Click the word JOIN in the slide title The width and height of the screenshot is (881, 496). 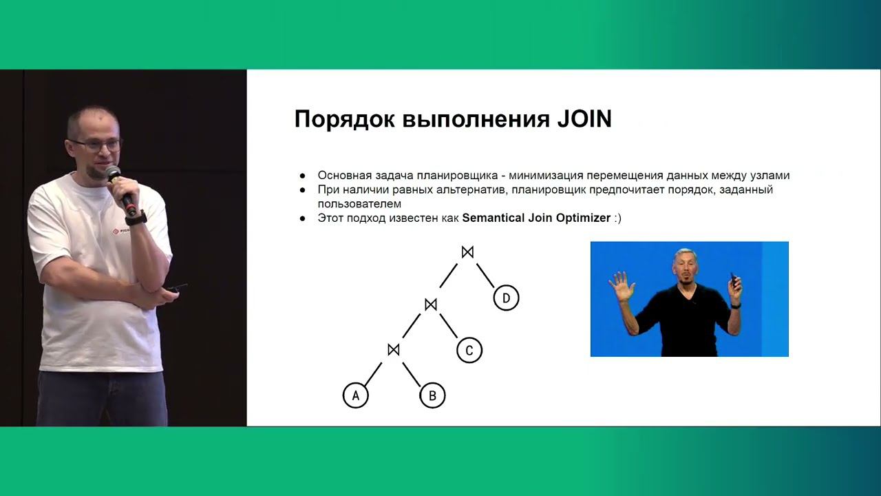coord(583,119)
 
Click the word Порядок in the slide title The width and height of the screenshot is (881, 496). coord(335,120)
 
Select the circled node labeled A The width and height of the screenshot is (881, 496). coord(356,395)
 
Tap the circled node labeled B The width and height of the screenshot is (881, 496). coord(432,395)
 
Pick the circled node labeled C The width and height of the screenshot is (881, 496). coord(469,350)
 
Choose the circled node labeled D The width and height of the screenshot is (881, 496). coord(506,298)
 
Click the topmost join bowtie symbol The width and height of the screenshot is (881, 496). coord(468,252)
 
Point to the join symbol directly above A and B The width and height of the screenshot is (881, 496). coord(394,350)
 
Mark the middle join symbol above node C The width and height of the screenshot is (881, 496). coord(431,304)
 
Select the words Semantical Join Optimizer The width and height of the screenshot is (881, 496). coord(536,218)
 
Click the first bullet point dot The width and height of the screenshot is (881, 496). coord(302,176)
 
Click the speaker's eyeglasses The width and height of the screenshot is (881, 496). coord(96,145)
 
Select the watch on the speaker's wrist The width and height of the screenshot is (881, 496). coord(136,218)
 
